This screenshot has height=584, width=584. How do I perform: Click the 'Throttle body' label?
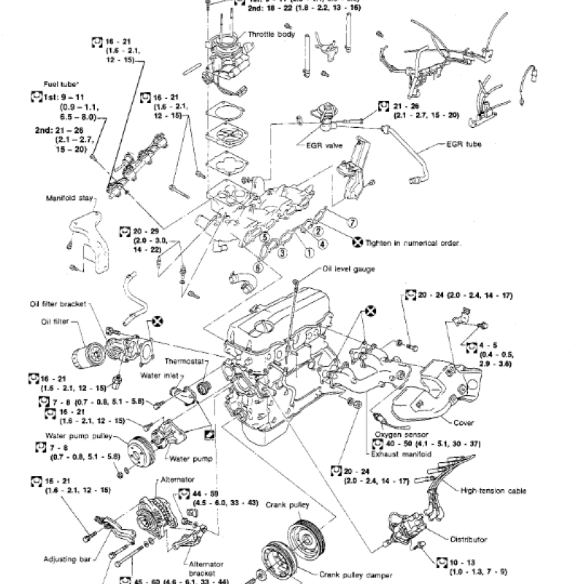click(x=271, y=34)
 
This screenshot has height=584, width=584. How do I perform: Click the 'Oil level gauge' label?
click(x=348, y=269)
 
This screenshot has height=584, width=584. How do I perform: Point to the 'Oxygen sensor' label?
click(x=398, y=434)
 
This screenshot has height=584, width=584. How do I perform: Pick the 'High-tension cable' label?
click(x=494, y=491)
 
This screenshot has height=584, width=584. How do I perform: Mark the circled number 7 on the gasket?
click(x=352, y=220)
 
